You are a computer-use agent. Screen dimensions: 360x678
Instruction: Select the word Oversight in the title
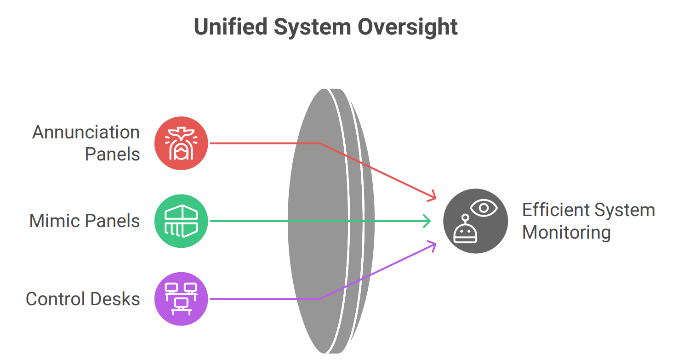pos(408,27)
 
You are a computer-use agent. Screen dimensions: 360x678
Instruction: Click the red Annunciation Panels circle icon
pos(181,143)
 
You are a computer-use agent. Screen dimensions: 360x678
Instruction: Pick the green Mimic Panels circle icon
pos(181,221)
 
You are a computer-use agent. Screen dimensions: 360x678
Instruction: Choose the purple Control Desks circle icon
pos(181,299)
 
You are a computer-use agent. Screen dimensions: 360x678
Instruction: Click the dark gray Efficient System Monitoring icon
pos(475,221)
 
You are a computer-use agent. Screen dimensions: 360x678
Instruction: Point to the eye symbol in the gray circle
pos(484,208)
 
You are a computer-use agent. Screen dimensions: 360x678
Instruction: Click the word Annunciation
pos(86,132)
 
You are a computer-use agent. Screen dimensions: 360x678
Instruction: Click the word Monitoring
pos(566,232)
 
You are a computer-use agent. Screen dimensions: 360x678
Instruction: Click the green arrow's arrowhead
pos(428,221)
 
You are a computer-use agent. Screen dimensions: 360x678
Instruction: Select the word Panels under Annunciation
pos(113,154)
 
